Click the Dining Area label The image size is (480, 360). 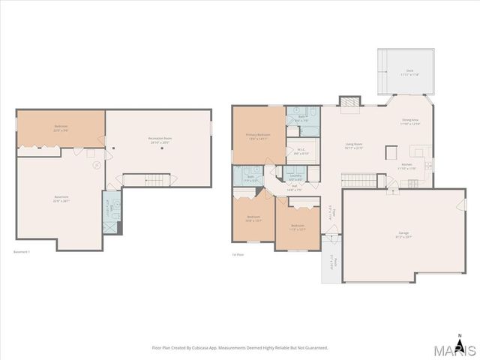(x=410, y=121)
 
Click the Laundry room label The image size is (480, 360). (x=295, y=177)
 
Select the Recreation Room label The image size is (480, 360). (x=157, y=139)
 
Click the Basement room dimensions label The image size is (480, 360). (x=61, y=201)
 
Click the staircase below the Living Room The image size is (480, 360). (x=357, y=180)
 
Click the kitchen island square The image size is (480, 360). (x=390, y=152)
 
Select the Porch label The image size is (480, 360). (x=331, y=263)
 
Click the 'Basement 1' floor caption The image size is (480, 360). (x=22, y=252)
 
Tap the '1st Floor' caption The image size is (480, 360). (x=238, y=255)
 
